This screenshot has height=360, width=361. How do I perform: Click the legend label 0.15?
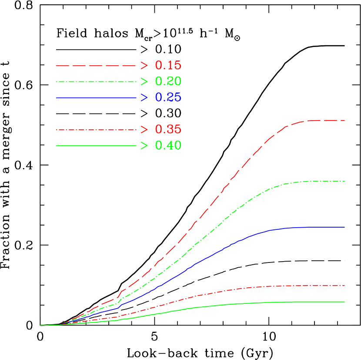click(x=168, y=66)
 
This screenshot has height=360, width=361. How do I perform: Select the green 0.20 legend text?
click(x=168, y=81)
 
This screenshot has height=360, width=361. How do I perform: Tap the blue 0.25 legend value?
click(x=168, y=98)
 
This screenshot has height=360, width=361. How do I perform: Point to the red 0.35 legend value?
click(x=168, y=130)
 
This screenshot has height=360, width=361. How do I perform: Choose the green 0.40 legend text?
click(x=168, y=145)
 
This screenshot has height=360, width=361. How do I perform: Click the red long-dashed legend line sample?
click(x=96, y=66)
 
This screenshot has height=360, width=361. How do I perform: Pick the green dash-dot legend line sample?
click(x=96, y=81)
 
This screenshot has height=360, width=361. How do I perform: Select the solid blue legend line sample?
click(x=96, y=98)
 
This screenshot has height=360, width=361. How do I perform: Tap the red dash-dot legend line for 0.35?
click(x=96, y=130)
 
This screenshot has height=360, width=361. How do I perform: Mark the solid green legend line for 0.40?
click(x=96, y=145)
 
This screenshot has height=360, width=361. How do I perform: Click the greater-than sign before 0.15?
click(x=144, y=66)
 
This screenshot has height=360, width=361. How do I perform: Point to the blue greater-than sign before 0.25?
click(x=144, y=98)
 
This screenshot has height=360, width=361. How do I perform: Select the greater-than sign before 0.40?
click(x=144, y=145)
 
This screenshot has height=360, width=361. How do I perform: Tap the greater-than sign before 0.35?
click(x=144, y=130)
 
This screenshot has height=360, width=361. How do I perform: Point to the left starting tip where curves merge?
click(x=41, y=325)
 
